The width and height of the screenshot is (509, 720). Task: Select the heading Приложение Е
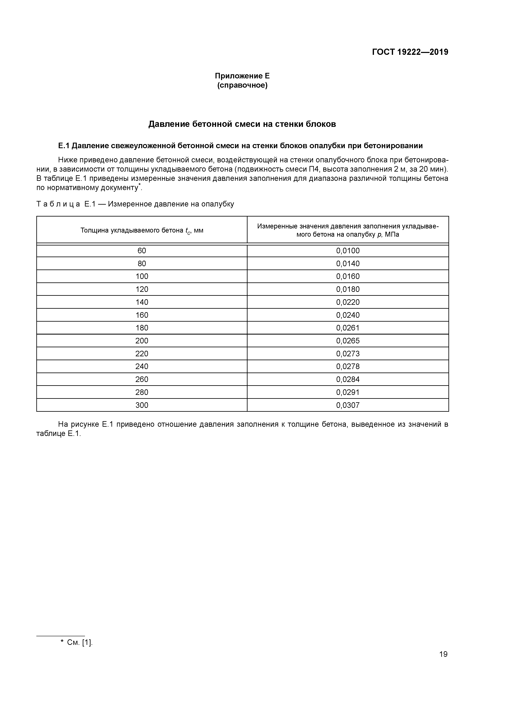[242, 76]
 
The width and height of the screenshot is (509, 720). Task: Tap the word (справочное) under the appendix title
[242, 85]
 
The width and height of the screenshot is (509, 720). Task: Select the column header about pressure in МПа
[348, 230]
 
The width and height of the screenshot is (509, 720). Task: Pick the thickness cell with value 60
[142, 251]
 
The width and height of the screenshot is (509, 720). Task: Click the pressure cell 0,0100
[348, 251]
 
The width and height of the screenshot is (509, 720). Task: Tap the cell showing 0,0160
[348, 277]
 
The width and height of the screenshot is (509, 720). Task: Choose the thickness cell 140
[142, 302]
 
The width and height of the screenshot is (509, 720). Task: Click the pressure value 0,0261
[348, 328]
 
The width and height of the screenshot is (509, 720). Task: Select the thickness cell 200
[142, 341]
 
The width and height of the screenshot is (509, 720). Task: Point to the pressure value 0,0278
[348, 367]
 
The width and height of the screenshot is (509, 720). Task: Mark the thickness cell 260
[142, 379]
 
